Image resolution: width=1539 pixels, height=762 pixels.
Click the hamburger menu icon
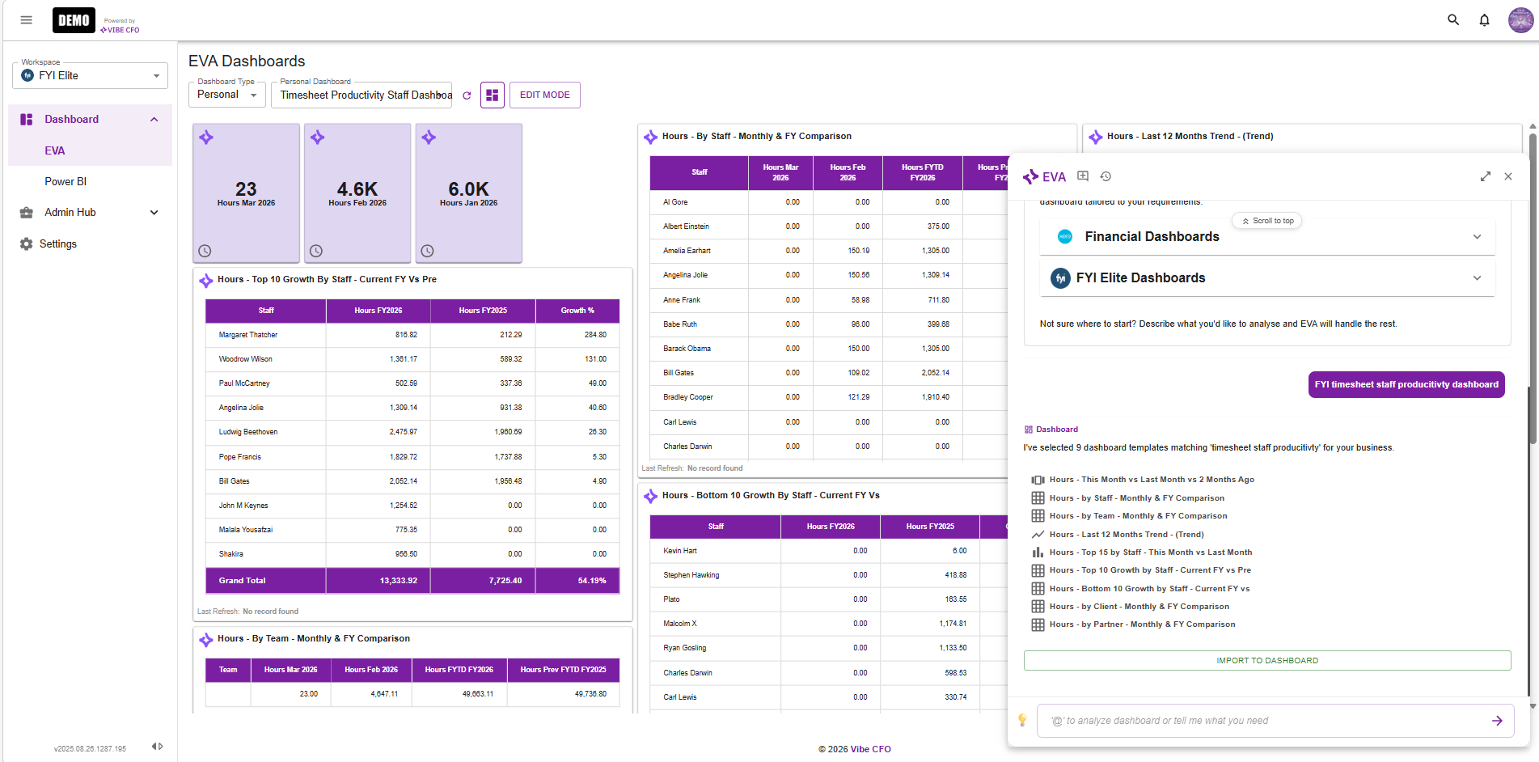26,20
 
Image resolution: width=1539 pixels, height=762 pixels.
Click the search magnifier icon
1452,20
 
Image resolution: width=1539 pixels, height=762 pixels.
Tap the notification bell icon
1484,20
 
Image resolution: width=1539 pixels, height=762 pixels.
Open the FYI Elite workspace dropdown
90,76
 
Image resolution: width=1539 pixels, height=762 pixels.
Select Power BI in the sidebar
66,182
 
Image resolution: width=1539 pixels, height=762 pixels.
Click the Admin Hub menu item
70,213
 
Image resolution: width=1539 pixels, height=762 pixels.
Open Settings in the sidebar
58,244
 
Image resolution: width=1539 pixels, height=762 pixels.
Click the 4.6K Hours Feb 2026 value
357,189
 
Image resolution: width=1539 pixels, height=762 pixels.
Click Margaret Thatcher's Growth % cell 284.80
595,335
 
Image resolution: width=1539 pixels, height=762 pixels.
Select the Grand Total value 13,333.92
398,581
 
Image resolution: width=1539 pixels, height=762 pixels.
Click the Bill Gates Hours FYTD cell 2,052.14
935,373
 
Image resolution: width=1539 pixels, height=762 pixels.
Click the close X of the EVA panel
1507,176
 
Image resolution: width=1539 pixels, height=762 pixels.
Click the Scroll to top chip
1267,221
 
